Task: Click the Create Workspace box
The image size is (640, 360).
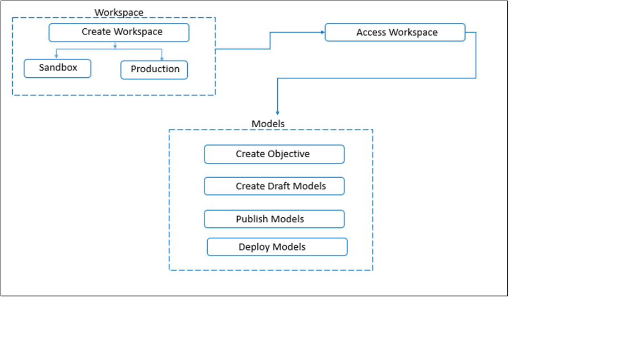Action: coord(119,32)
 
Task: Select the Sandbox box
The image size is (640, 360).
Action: coord(57,68)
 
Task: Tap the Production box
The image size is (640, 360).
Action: coord(154,69)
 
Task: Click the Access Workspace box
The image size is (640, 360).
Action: coord(395,32)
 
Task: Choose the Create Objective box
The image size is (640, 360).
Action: coord(274,154)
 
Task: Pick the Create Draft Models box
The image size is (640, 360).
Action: coord(274,186)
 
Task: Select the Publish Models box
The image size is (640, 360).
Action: coord(274,219)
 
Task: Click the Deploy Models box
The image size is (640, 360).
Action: coord(277,247)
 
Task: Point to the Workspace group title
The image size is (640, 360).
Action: coord(119,12)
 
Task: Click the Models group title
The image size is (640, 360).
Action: coord(268,124)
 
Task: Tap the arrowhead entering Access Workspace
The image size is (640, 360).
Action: coord(322,32)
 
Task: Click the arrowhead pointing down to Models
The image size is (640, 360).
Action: coord(277,112)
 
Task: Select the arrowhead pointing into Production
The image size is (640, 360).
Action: coord(162,58)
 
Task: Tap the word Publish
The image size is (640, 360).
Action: coord(252,219)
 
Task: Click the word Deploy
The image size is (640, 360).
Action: coord(254,247)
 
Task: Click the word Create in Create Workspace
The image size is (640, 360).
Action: coord(96,32)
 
